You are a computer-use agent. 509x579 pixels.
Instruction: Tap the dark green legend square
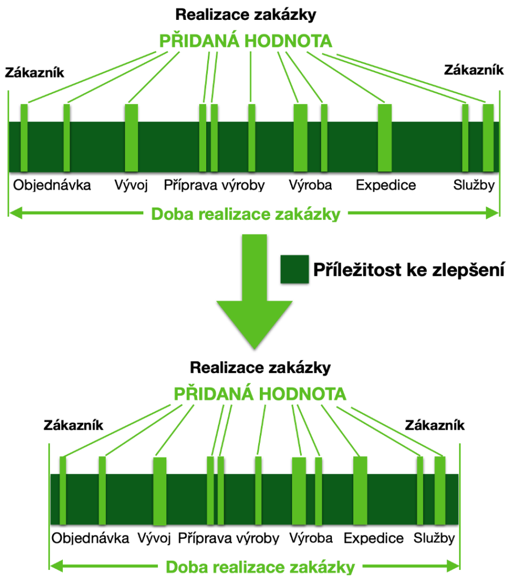[294, 269]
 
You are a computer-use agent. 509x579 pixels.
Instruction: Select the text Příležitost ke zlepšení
[409, 270]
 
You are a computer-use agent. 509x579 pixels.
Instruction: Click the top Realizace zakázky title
[246, 15]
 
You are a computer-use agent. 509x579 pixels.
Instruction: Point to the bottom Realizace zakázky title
[260, 368]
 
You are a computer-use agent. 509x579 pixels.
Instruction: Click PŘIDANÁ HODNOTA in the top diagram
[246, 41]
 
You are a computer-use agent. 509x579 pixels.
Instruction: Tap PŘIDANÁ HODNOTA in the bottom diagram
[260, 394]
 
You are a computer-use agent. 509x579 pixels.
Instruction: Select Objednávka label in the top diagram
[52, 185]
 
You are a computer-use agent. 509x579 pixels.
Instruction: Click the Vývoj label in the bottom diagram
[154, 538]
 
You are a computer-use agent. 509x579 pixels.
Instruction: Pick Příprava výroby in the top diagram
[215, 185]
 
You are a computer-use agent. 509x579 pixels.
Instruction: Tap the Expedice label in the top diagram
[386, 185]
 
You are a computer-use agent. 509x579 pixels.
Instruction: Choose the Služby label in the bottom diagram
[434, 538]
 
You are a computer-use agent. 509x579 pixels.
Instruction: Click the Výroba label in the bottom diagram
[311, 538]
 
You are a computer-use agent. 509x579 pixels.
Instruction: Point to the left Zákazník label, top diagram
[35, 72]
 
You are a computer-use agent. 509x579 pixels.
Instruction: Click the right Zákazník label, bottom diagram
[435, 425]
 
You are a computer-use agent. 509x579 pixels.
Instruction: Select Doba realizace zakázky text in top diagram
[246, 214]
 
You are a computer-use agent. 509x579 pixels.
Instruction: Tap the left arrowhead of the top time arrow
[15, 213]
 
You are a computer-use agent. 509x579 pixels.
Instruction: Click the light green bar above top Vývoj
[131, 138]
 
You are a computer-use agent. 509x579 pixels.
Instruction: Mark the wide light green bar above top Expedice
[385, 138]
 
